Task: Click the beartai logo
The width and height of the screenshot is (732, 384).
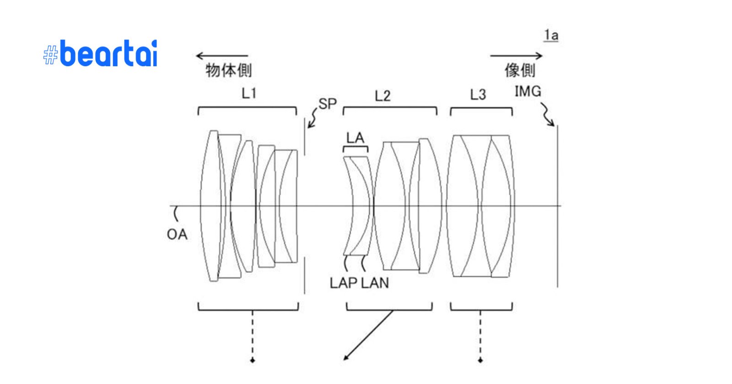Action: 101,54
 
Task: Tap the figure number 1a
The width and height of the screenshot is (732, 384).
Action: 551,35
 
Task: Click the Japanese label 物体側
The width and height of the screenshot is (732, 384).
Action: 228,70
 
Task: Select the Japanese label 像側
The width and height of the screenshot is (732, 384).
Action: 520,70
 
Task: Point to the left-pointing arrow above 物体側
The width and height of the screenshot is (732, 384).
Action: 221,56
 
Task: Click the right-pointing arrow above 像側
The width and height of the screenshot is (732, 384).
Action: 516,56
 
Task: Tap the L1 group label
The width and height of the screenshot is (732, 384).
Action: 249,93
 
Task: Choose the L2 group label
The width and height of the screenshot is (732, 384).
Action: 382,96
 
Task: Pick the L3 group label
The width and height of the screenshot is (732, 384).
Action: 478,95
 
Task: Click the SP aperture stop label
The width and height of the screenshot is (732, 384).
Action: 328,104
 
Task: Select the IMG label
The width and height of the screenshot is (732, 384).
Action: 527,91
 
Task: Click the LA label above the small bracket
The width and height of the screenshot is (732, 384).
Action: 355,138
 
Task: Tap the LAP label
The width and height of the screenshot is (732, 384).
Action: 343,283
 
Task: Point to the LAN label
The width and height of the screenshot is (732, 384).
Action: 375,283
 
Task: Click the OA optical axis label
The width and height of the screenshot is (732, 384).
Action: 177,235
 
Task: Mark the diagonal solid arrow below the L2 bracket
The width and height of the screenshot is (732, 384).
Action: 368,335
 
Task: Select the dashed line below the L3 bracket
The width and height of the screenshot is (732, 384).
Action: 480,336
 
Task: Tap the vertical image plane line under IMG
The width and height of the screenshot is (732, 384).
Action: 557,206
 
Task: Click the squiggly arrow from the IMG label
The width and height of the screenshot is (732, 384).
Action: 547,114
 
